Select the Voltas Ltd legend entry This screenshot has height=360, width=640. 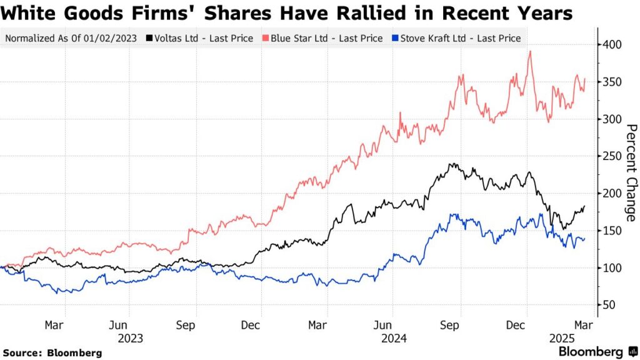(x=199, y=38)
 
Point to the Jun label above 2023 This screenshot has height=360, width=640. (x=118, y=325)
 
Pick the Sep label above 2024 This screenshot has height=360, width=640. (x=450, y=325)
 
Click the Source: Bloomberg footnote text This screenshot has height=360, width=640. (x=52, y=353)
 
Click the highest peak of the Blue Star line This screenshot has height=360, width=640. (x=530, y=51)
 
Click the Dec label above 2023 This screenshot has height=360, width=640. (x=250, y=325)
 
